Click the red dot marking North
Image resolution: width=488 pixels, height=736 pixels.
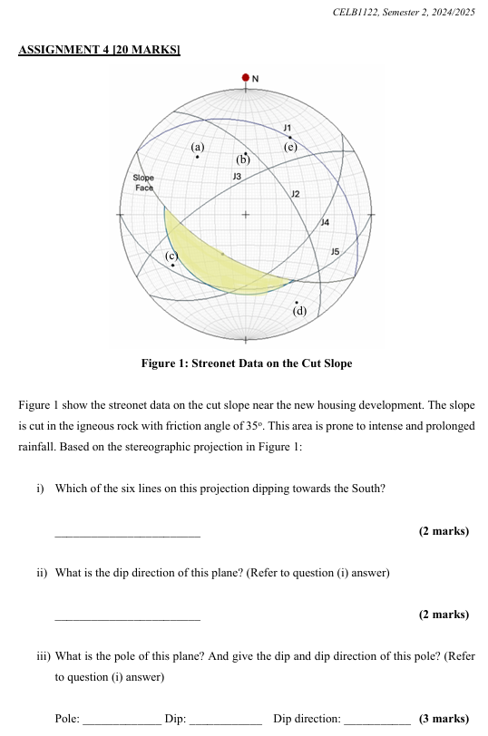(245, 78)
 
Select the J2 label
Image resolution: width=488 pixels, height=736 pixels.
(295, 194)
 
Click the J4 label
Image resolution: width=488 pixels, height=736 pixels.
(326, 221)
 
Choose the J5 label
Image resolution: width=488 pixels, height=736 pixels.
(335, 250)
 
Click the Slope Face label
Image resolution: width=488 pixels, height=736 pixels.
(143, 181)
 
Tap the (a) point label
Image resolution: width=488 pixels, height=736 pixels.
(199, 146)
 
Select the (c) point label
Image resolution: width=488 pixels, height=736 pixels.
(171, 257)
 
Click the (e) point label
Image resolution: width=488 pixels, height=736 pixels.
(290, 146)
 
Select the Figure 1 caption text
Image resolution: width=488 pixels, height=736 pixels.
(246, 363)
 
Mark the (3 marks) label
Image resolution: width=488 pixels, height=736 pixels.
(444, 719)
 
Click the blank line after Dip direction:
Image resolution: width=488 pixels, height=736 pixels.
(376, 720)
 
